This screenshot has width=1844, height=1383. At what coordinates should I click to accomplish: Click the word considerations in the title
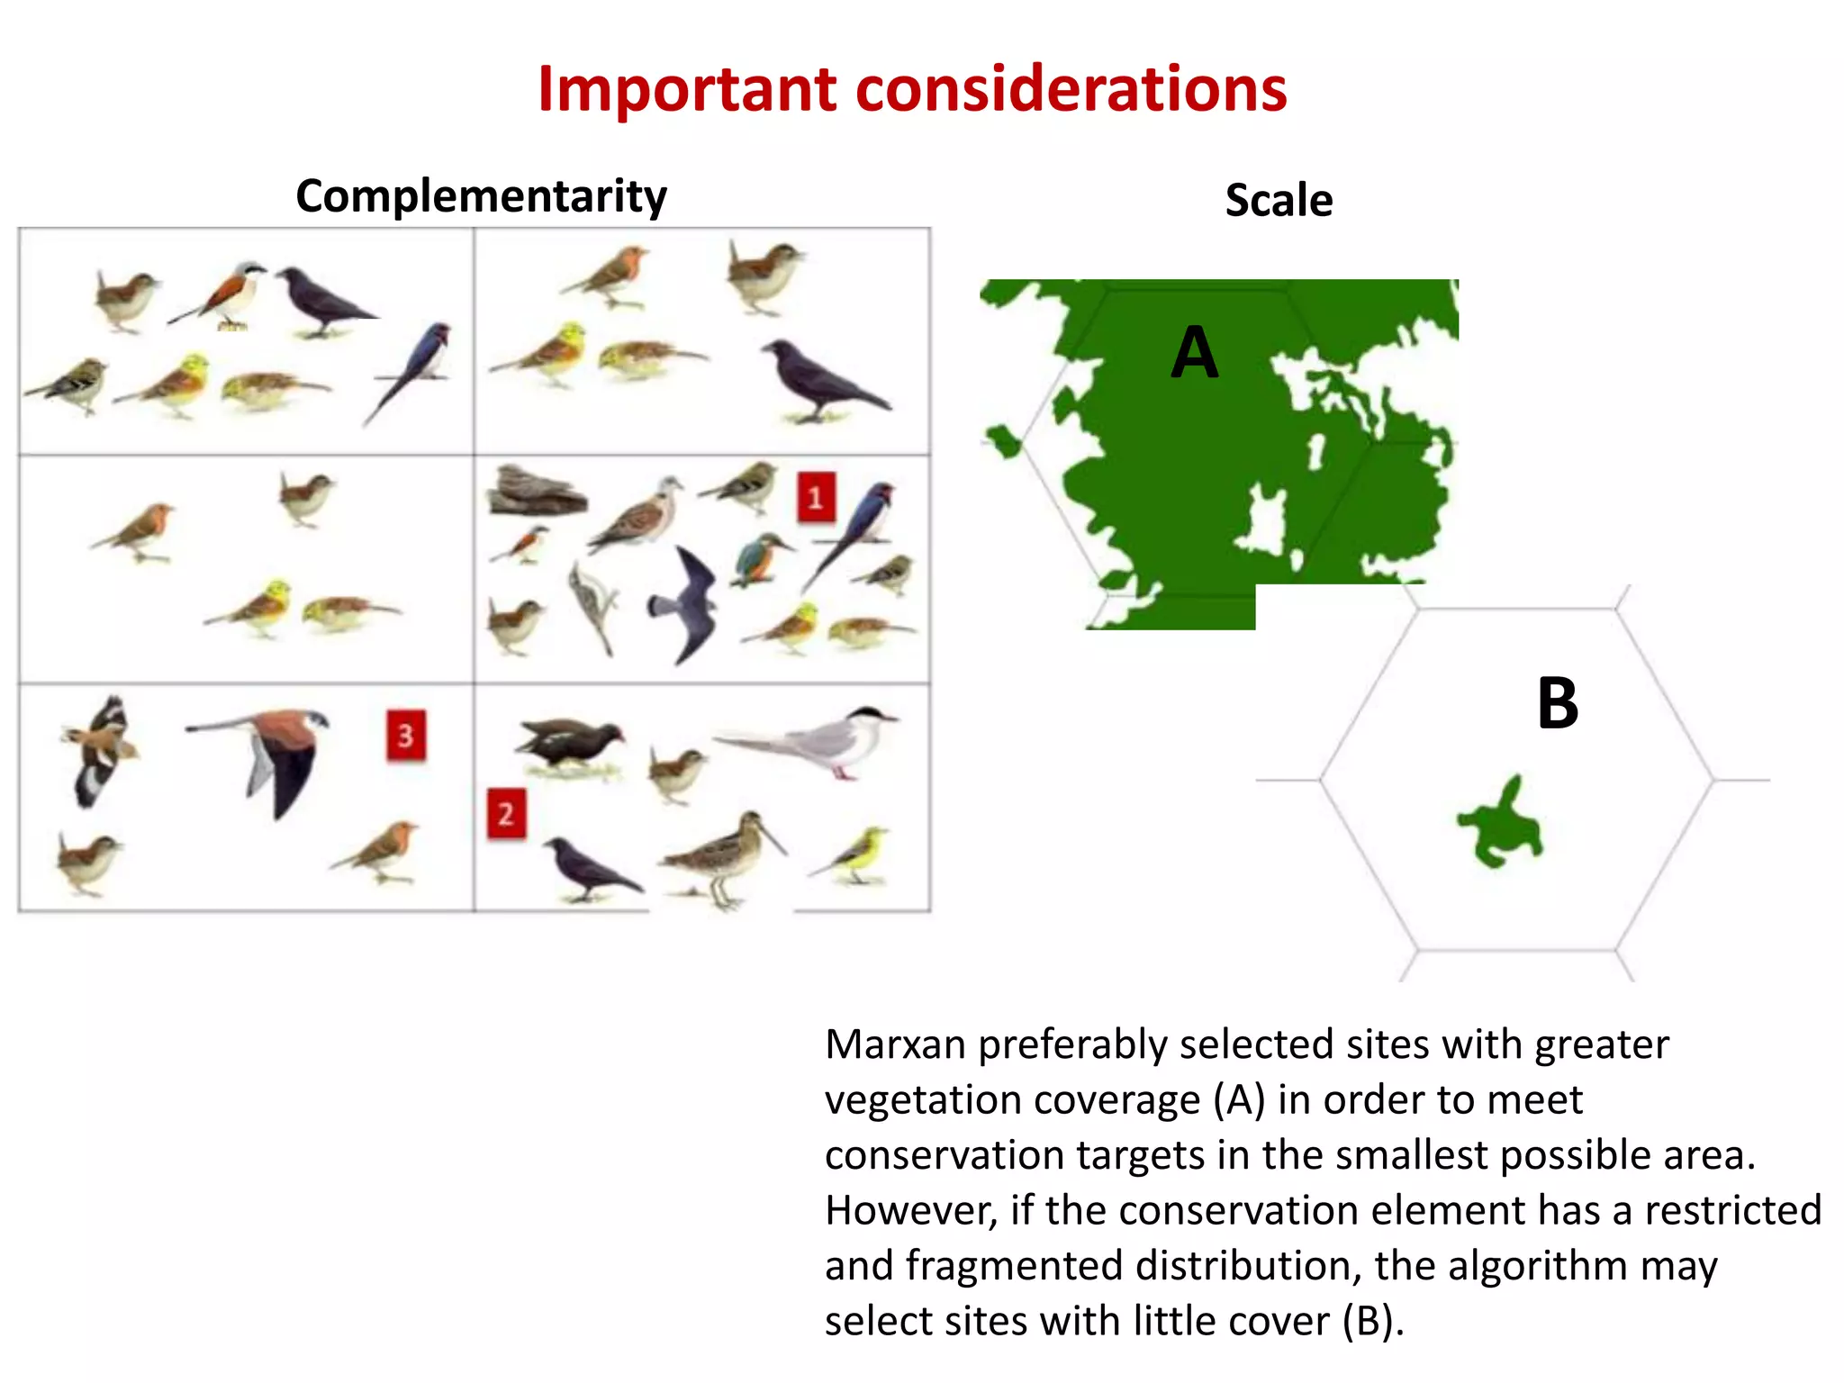[1071, 90]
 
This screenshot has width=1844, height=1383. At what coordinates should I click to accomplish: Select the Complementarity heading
[481, 196]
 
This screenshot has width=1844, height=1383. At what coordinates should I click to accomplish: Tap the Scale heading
[1279, 200]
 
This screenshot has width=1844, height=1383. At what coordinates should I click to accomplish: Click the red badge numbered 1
[816, 497]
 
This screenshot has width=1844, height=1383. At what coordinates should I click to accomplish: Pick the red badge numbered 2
[506, 814]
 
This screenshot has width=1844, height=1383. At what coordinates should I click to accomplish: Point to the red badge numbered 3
[406, 736]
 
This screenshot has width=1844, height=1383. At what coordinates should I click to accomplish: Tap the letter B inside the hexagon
[1558, 703]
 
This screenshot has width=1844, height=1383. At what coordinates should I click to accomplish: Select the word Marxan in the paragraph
[896, 1045]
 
